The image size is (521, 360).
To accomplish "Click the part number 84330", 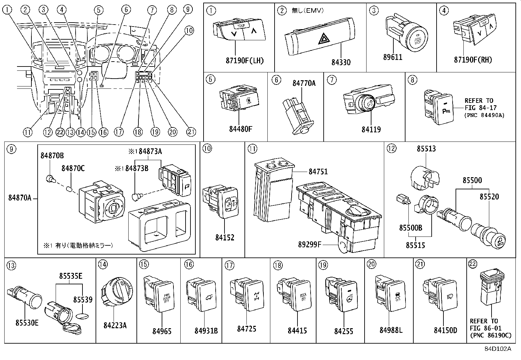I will click(341, 63).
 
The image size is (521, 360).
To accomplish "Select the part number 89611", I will click(392, 57).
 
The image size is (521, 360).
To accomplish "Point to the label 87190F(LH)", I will click(244, 61).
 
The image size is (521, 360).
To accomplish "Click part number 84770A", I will click(304, 83).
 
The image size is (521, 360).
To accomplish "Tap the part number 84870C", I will click(73, 168).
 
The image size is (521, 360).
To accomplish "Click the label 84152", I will click(225, 238).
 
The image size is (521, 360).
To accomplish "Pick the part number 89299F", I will click(310, 244).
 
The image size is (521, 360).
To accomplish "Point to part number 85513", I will click(426, 148).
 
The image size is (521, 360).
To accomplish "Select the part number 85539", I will click(82, 299).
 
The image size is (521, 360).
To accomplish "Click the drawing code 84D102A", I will click(497, 349).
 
